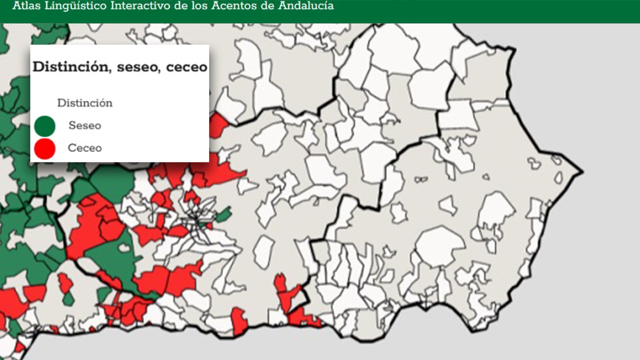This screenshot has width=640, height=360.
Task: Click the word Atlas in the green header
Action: point(26,6)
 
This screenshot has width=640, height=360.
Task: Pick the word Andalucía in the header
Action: point(306,6)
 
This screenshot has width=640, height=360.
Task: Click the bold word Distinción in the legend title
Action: point(71,67)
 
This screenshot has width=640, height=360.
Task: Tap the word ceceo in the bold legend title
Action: point(186,67)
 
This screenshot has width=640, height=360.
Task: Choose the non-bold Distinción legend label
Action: point(85,103)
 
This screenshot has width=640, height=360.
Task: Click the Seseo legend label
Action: point(85,125)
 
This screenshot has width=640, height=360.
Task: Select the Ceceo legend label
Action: point(85,148)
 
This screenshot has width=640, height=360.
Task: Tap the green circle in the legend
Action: point(44,126)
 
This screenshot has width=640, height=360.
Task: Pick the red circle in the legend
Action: point(44,149)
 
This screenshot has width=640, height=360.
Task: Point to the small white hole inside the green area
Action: point(124,248)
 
